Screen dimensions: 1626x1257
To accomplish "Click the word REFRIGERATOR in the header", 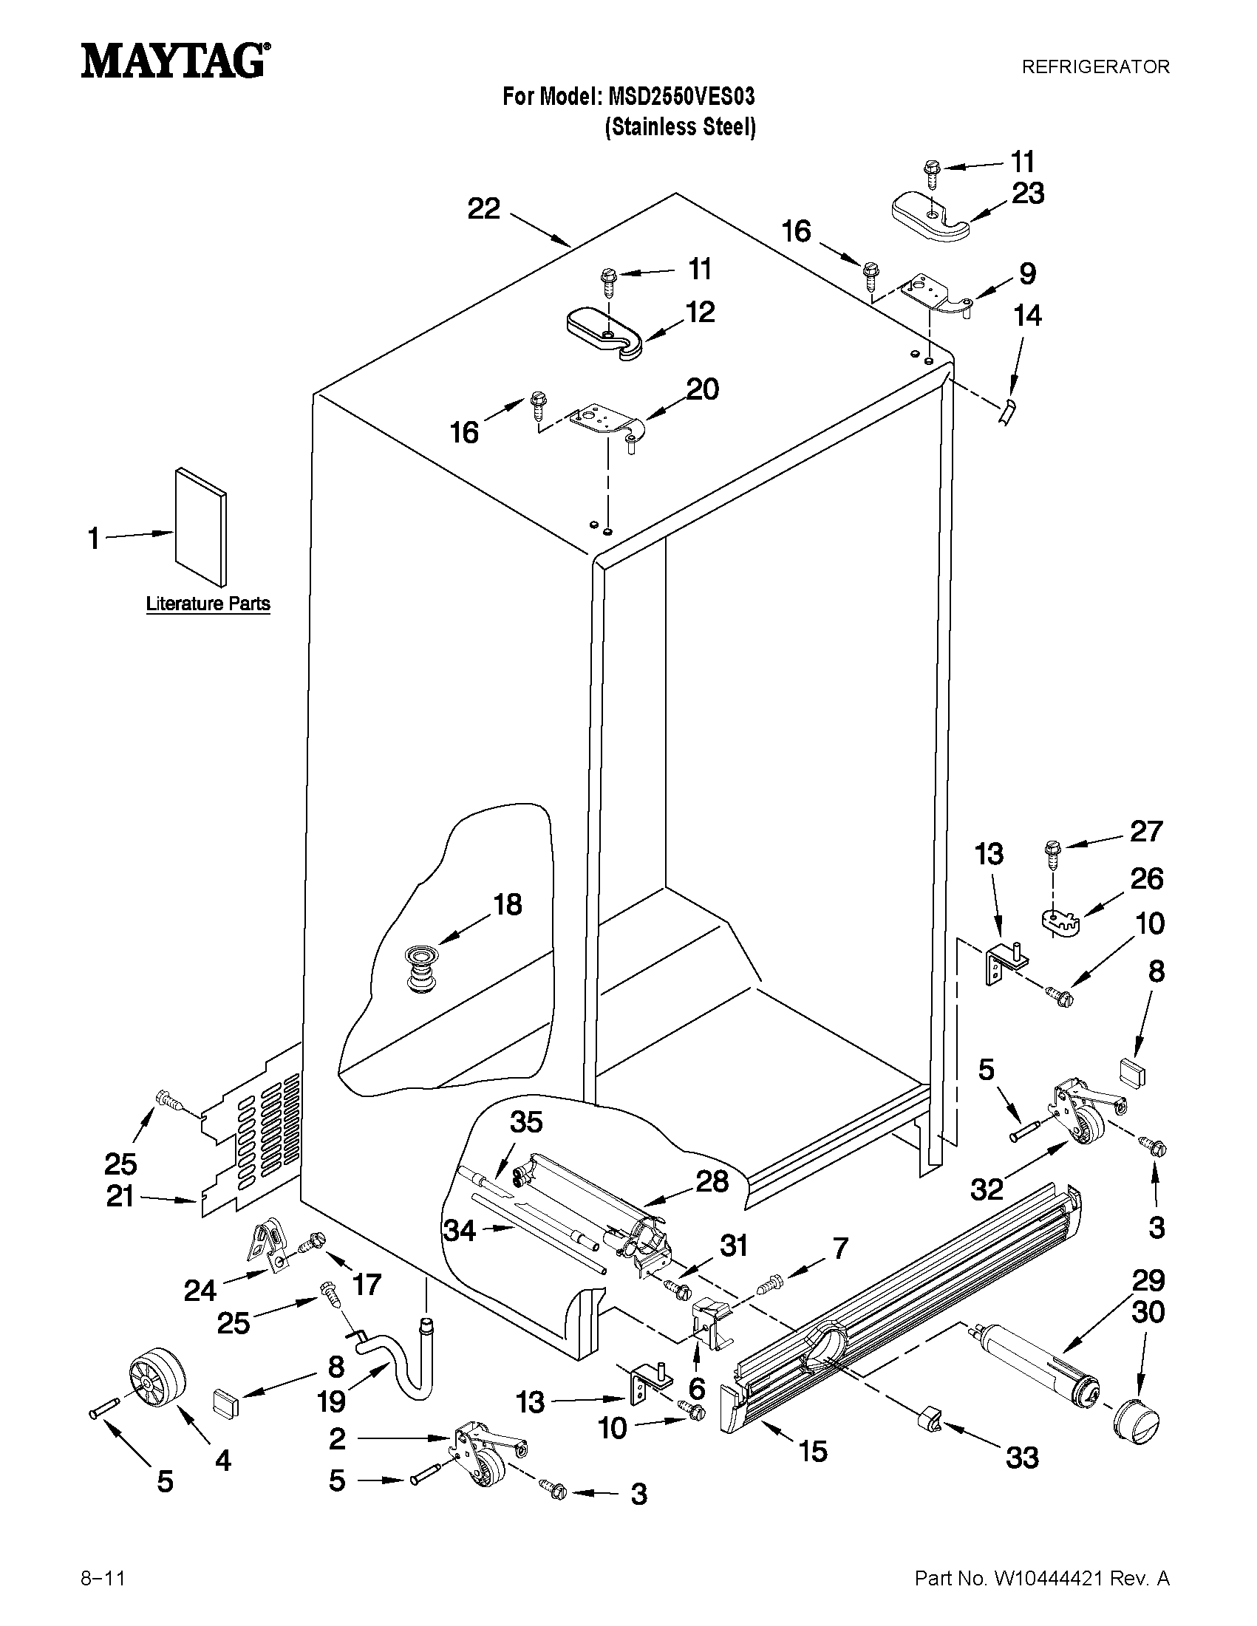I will [x=1094, y=67].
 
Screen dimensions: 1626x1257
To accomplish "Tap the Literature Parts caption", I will [x=208, y=603].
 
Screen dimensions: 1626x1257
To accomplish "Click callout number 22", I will [x=483, y=209].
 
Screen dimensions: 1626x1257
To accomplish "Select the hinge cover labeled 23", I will [x=930, y=216].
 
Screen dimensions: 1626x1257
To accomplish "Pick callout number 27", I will [x=1145, y=831].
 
